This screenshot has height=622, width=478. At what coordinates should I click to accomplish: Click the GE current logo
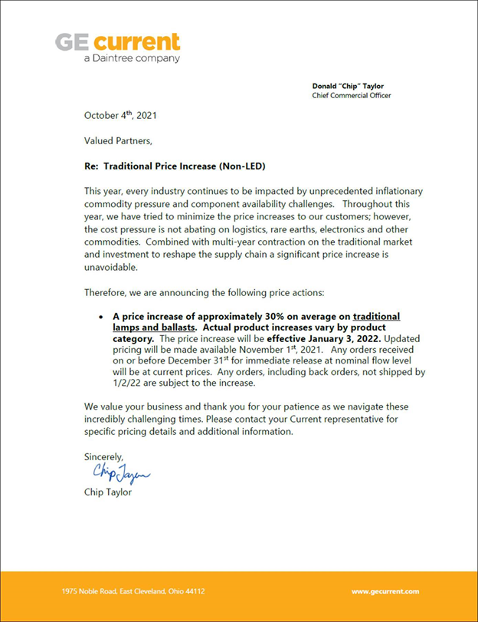tap(117, 41)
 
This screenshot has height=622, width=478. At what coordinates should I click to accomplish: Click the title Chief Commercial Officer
tap(352, 96)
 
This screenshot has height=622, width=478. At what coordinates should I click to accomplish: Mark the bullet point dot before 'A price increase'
tap(102, 316)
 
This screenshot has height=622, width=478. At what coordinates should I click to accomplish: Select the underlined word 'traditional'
tap(376, 316)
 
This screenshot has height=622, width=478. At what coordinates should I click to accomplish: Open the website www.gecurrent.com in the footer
tap(385, 592)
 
